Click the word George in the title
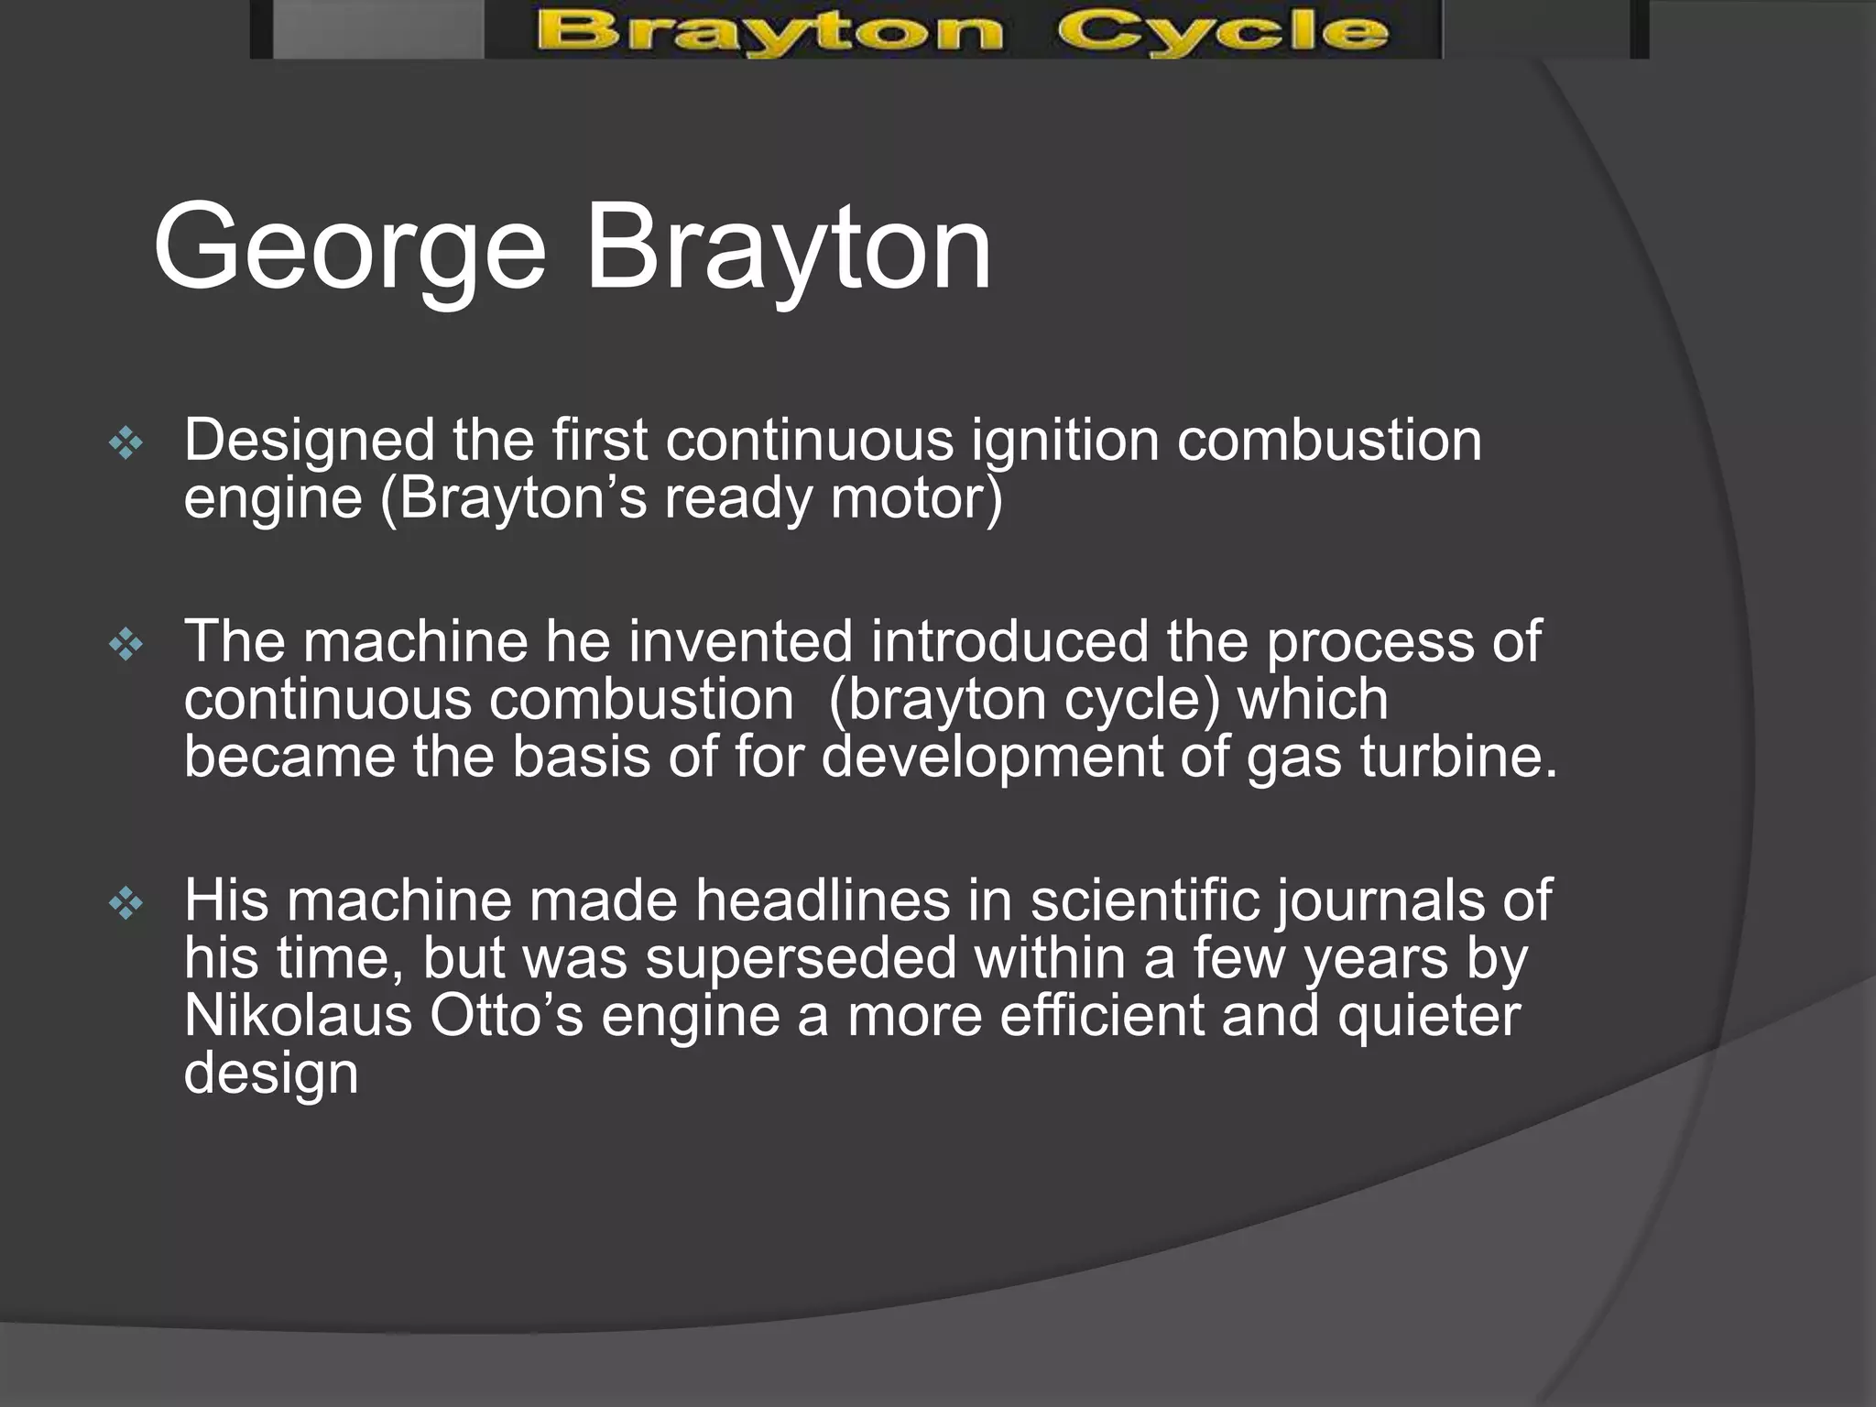[349, 248]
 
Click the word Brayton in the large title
[788, 248]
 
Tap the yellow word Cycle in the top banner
[1222, 33]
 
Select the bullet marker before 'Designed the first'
[125, 445]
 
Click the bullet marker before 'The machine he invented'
[125, 647]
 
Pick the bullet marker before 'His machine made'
[125, 906]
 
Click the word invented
[740, 641]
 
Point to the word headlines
[823, 900]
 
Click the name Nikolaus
[298, 1016]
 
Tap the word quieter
[1428, 1016]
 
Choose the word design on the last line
[270, 1074]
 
